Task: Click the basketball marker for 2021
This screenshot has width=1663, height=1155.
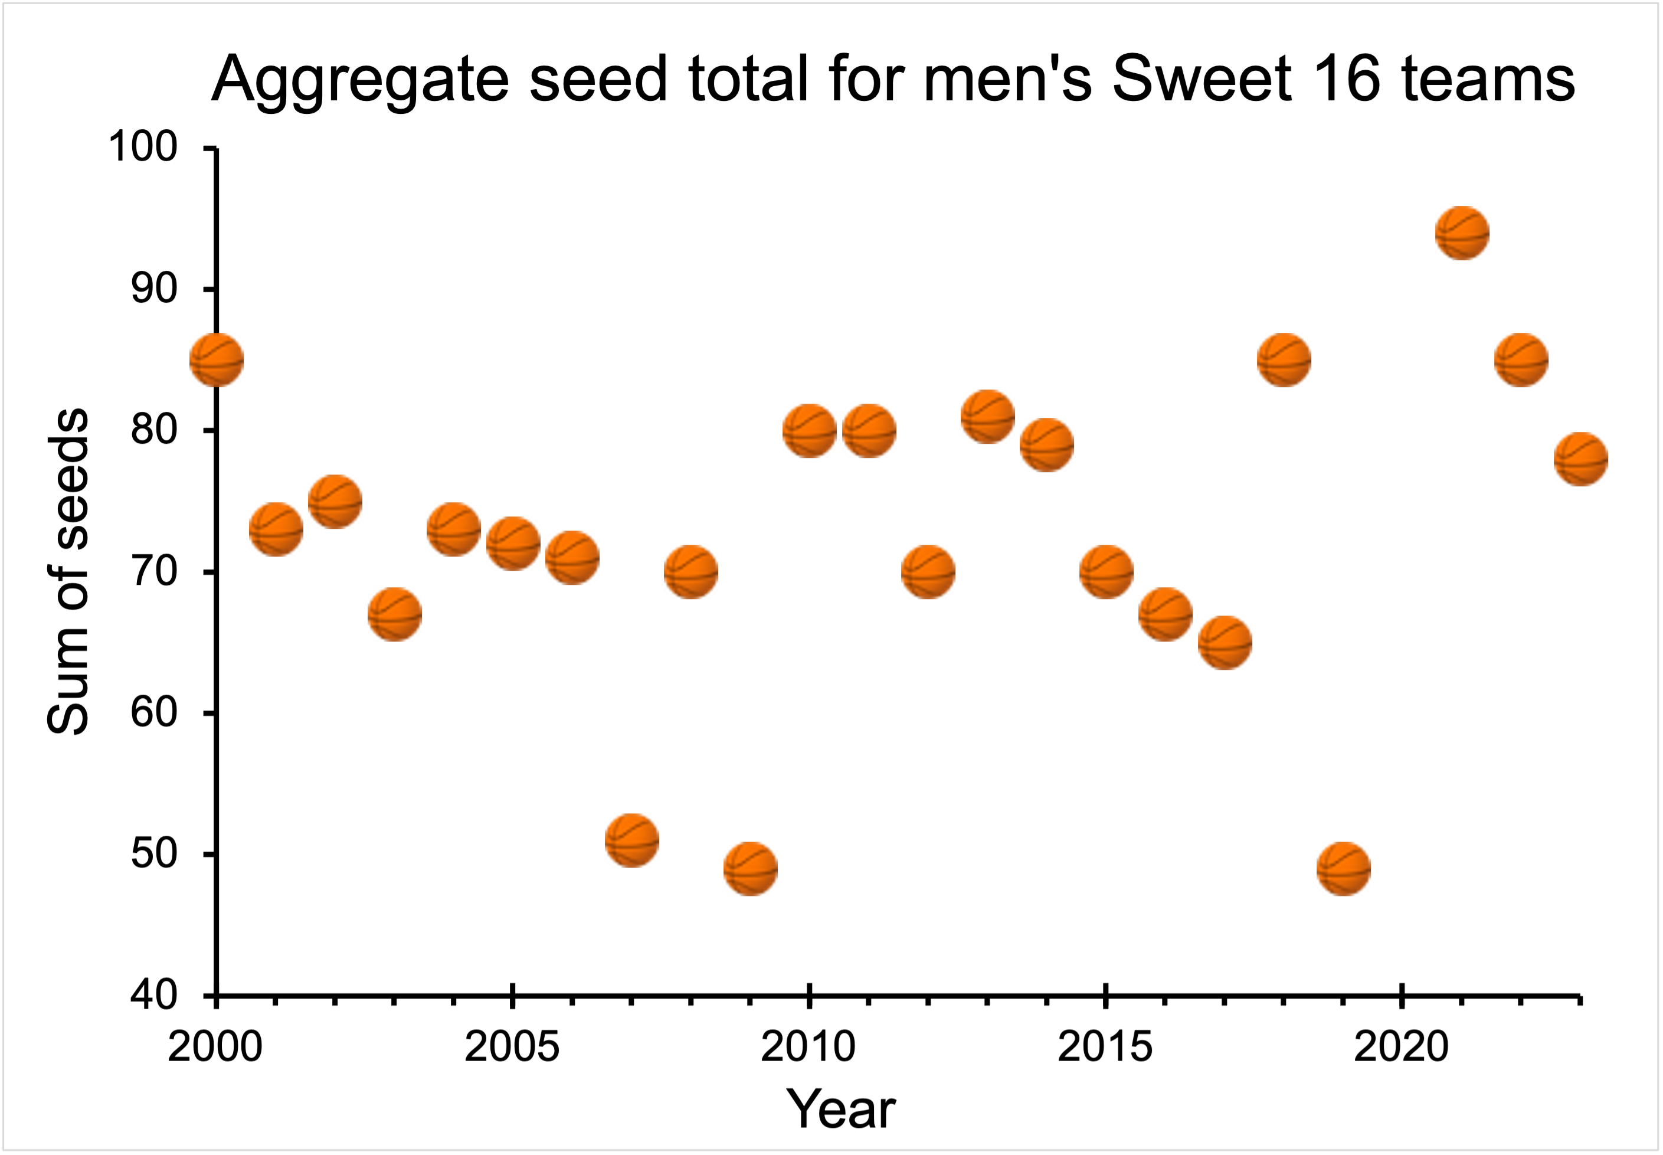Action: (1462, 233)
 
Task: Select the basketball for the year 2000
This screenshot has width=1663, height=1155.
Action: (217, 359)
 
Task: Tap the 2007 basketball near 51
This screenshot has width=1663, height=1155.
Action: (632, 840)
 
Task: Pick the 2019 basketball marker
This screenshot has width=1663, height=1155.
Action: (1344, 868)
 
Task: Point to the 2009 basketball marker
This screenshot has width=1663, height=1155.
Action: (751, 868)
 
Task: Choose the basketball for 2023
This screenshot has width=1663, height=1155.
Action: (1580, 459)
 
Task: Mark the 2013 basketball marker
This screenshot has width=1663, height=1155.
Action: (988, 416)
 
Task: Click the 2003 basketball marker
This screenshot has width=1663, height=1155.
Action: (394, 614)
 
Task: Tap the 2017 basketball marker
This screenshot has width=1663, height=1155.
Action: (1225, 642)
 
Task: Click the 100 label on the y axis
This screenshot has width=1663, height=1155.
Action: (143, 147)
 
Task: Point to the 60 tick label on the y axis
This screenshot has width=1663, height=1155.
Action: (153, 713)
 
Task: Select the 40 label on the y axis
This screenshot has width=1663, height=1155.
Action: (153, 995)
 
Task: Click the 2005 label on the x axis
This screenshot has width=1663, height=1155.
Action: (512, 1046)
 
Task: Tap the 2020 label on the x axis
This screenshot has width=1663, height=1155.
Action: (1401, 1046)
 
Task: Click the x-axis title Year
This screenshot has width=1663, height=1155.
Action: (841, 1110)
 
